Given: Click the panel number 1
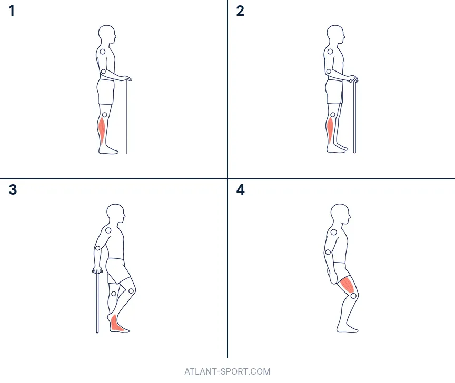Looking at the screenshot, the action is click(12, 11).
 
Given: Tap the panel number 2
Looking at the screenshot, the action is click(240, 11).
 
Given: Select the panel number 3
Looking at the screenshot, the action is click(13, 189).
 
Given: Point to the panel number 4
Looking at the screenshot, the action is click(241, 189).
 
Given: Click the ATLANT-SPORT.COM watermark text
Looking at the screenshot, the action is click(227, 371).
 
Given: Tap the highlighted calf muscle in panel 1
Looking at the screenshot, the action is click(102, 129).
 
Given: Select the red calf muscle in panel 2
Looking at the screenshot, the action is click(330, 128).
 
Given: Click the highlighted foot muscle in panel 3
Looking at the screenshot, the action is click(117, 324).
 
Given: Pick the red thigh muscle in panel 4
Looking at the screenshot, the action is click(348, 284).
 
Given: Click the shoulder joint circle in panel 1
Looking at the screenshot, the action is click(103, 52).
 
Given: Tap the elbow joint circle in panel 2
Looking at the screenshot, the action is click(329, 72).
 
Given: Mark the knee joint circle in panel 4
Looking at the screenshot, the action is click(353, 296).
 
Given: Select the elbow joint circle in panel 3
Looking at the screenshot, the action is click(98, 248).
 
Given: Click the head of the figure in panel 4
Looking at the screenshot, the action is click(340, 213).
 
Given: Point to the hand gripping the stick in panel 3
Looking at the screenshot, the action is click(97, 270).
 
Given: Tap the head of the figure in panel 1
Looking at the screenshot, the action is click(106, 34).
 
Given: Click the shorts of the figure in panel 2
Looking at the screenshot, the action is click(334, 92).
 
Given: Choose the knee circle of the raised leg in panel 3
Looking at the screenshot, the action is click(131, 290).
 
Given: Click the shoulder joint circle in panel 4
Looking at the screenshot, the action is click(334, 232).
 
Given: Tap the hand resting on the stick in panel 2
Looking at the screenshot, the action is click(353, 78).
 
